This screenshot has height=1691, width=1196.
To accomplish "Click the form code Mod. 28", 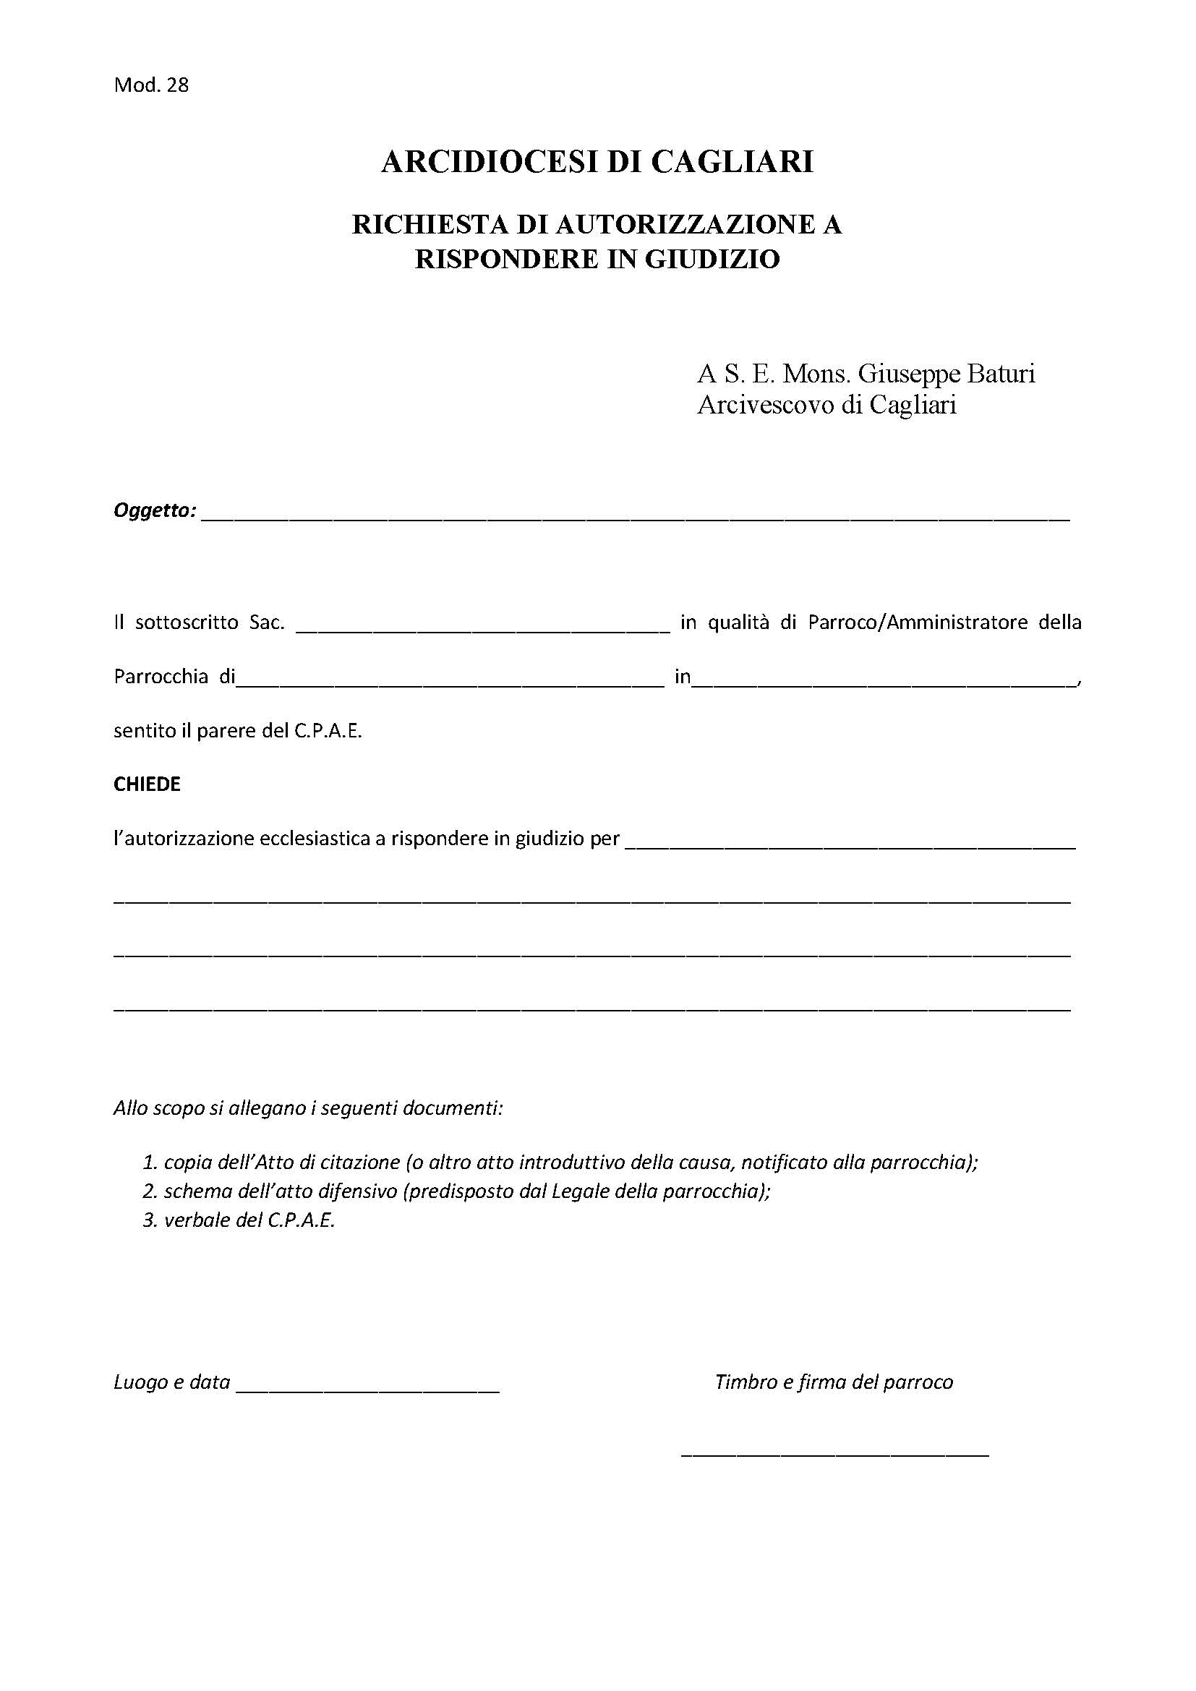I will tap(151, 85).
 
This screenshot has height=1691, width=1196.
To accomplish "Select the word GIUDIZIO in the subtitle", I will tap(712, 260).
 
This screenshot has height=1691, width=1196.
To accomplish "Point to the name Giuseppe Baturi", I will tap(947, 374).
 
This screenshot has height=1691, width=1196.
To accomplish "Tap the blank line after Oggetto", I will tap(633, 518).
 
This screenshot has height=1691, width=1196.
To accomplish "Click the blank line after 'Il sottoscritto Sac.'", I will tap(482, 630).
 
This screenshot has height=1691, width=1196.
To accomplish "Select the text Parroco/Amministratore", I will tap(918, 622).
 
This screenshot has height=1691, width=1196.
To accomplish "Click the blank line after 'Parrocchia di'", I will tap(449, 683).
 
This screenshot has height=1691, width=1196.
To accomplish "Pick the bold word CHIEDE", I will tap(147, 784).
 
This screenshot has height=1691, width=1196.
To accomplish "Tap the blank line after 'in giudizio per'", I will tap(850, 847).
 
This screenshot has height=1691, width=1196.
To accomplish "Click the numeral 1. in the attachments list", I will tap(150, 1163).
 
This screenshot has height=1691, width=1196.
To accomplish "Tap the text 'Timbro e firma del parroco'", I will tap(834, 1382).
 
